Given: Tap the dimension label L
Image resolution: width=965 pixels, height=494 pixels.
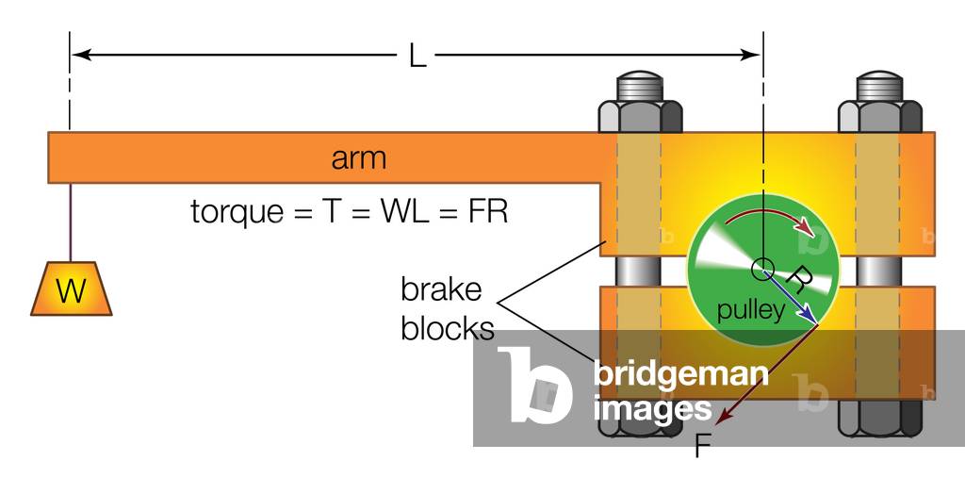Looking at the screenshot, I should click(417, 56).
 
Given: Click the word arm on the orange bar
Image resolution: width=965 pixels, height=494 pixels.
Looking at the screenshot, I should click(358, 157).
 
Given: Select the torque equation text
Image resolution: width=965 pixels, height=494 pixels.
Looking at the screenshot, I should click(349, 211).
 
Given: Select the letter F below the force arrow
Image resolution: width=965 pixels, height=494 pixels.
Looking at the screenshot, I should click(701, 446).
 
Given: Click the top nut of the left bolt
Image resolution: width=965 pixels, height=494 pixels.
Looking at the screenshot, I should click(640, 115).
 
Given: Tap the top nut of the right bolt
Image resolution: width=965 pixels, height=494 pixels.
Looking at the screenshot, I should click(880, 115).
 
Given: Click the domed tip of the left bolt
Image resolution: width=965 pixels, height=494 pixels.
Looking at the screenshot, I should click(640, 82).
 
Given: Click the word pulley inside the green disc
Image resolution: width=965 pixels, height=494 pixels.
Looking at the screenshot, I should click(750, 311).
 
